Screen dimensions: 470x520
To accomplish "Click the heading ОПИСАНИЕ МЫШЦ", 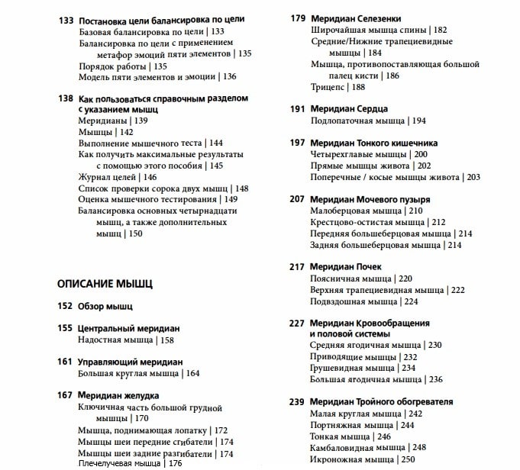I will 105,284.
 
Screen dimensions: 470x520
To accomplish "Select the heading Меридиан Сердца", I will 349,109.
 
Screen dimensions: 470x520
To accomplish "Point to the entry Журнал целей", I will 108,177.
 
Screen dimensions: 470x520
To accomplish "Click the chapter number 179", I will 298,18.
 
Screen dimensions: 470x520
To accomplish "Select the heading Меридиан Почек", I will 346,266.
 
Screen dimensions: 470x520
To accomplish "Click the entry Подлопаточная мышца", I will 357,121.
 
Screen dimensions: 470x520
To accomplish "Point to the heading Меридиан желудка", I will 118,395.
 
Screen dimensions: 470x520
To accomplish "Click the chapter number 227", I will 298,323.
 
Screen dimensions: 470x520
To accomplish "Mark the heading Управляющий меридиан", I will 131,362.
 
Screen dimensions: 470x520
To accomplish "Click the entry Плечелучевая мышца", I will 120,463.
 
